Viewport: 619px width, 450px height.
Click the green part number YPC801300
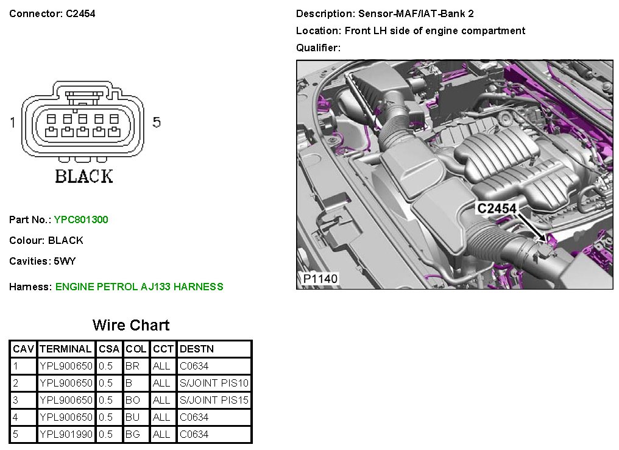coord(81,220)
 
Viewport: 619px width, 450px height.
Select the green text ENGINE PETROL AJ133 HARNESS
coord(139,287)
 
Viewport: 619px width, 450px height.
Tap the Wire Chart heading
coord(131,325)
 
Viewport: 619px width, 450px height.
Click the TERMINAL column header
coord(66,349)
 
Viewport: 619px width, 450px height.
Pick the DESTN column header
coord(197,349)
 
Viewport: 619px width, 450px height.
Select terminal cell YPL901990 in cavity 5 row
coord(66,434)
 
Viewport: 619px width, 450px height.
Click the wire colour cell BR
coord(132,366)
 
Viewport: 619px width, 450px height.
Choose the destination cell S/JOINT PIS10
coord(214,384)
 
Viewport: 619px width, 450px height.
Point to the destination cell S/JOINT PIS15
coord(214,401)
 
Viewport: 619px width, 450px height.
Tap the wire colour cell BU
coord(132,418)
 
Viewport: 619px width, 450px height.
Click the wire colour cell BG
coord(132,434)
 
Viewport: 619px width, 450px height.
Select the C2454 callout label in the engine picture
coord(497,209)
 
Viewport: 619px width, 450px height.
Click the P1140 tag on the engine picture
coord(320,279)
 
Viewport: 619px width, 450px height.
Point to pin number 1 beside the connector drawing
coord(12,123)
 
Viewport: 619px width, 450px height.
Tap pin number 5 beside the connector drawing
coord(157,123)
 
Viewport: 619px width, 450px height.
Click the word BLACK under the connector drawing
coord(84,177)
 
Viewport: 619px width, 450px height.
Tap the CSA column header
coord(109,349)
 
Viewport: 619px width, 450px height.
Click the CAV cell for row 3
coord(15,401)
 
